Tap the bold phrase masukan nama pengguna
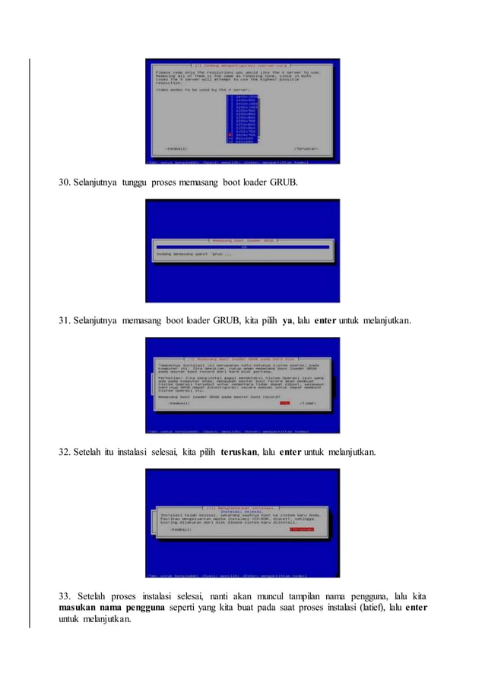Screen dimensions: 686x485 point(110,608)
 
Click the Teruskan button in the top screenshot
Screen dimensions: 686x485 point(307,148)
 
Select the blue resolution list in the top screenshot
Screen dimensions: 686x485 point(243,118)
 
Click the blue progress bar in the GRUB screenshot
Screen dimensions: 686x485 point(242,247)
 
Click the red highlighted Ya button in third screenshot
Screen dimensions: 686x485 point(284,403)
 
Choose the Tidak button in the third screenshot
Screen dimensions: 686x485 point(307,403)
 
